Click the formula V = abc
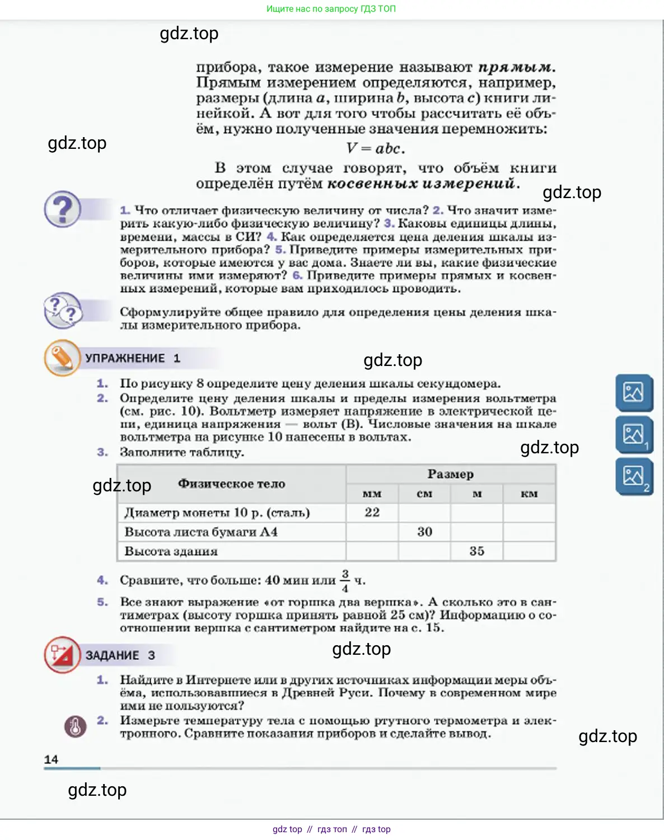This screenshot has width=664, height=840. click(375, 149)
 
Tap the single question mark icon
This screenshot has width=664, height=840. click(63, 210)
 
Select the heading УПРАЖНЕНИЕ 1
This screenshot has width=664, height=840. click(132, 358)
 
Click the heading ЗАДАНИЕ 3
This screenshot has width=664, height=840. click(120, 655)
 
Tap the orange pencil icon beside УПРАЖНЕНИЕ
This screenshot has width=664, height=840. click(62, 358)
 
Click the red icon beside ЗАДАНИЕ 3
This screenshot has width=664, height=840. click(62, 654)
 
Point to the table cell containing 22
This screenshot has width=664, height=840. click(372, 513)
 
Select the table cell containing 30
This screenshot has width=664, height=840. click(424, 532)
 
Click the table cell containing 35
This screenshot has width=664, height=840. click(476, 551)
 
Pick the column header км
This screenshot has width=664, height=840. click(529, 494)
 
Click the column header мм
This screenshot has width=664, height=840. click(372, 494)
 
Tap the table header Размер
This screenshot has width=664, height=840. click(451, 475)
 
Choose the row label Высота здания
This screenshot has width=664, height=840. click(171, 551)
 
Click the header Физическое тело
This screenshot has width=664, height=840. click(231, 484)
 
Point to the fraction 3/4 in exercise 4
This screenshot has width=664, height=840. click(345, 581)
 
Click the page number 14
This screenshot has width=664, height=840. click(51, 759)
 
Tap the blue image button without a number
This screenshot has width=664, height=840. click(634, 392)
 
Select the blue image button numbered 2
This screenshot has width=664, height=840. click(634, 477)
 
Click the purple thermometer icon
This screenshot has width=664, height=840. click(76, 726)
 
